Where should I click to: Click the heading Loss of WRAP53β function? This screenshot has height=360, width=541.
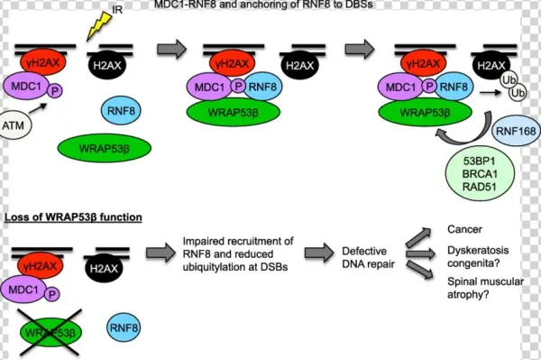[70, 217]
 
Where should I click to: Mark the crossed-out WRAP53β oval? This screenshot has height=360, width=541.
[56, 331]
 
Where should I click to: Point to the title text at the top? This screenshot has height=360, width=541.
[270, 5]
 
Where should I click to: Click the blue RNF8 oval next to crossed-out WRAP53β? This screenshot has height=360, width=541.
[126, 327]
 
